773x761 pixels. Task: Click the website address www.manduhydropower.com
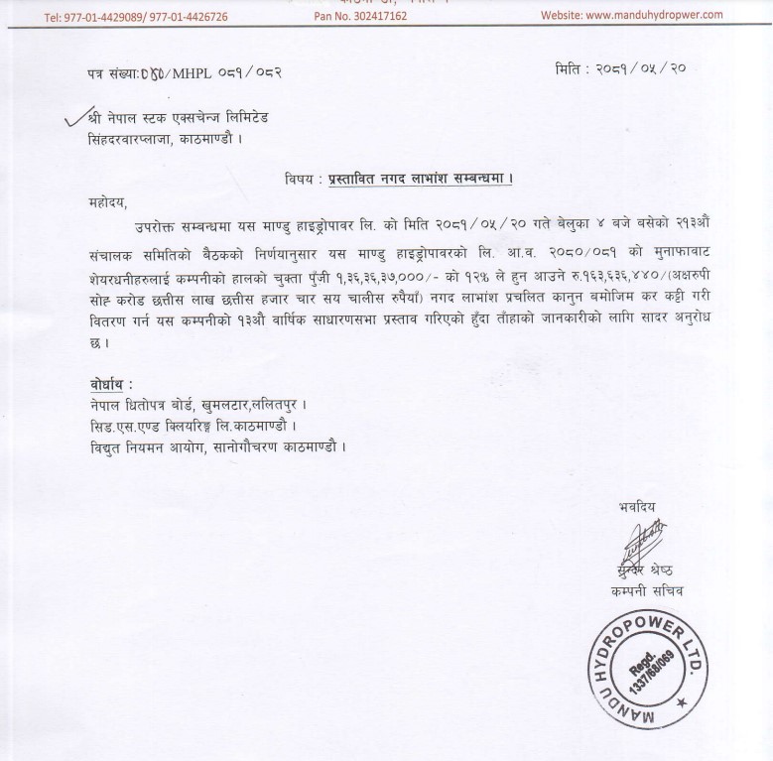(643, 16)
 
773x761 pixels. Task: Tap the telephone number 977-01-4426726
(185, 16)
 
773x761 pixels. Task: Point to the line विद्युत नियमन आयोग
(214, 447)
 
